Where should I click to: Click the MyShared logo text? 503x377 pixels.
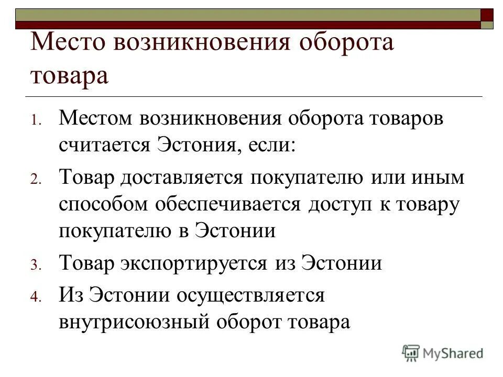453,353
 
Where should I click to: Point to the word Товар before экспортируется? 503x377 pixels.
86,263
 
